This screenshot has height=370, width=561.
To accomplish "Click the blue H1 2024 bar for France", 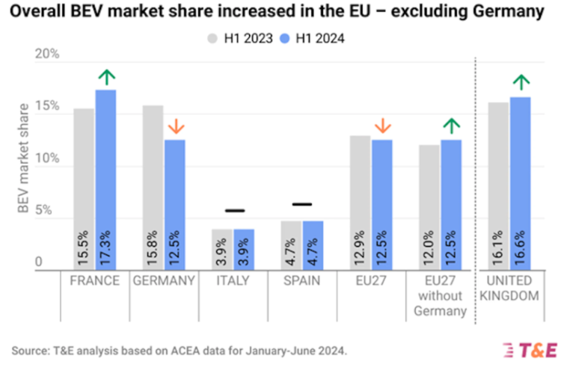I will click(105, 179).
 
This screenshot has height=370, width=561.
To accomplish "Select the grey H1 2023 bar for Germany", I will click(153, 187).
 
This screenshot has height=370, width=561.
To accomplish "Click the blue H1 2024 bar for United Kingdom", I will click(521, 183).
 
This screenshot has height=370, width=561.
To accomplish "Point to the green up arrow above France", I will click(107, 76).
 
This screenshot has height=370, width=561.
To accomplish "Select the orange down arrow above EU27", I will click(382, 126).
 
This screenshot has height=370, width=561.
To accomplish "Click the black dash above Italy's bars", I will click(235, 211).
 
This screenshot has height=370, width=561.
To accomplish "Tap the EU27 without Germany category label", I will click(440, 295).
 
